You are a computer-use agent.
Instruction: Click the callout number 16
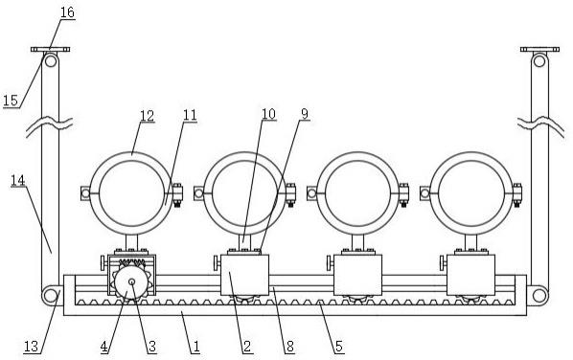[x=67, y=12]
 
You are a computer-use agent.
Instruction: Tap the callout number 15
[x=11, y=100]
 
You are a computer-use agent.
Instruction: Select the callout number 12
[x=147, y=116]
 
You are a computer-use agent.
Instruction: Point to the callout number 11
[x=190, y=115]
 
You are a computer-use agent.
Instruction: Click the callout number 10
[x=268, y=114]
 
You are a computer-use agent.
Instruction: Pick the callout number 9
[x=305, y=114]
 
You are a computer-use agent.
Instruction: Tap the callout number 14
[x=18, y=180]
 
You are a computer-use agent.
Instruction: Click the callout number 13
[x=31, y=347]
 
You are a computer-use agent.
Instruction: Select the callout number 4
[x=104, y=347]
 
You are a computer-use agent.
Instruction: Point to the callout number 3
[x=152, y=347]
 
